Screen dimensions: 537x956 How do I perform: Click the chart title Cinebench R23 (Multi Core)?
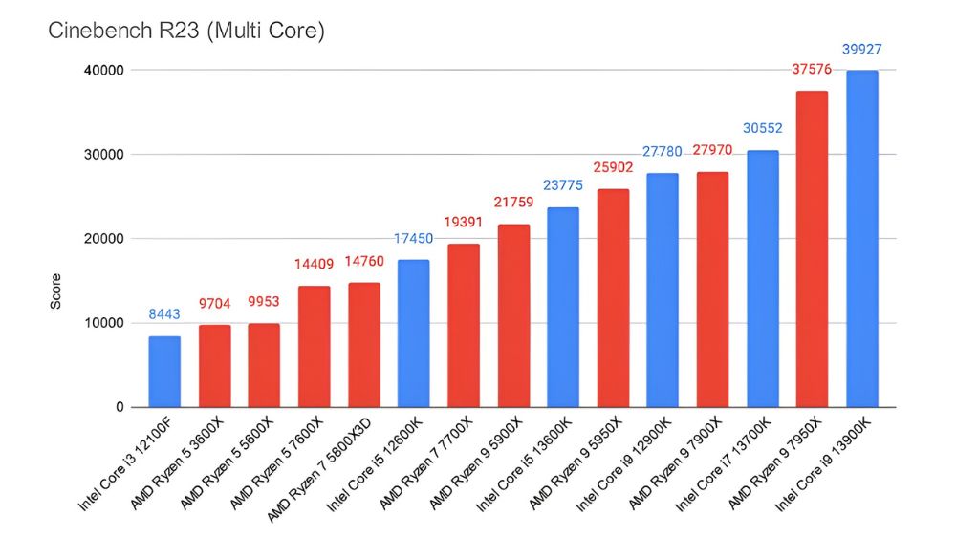pos(186,32)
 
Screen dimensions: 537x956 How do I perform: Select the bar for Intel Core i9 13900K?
pos(861,239)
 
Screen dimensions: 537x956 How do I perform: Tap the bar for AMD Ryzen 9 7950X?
pos(812,248)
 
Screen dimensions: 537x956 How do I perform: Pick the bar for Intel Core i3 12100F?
pos(164,372)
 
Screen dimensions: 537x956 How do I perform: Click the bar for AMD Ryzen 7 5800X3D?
pos(363,345)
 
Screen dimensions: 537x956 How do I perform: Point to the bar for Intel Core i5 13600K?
pos(563,307)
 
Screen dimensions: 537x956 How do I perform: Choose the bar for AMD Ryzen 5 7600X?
pos(314,346)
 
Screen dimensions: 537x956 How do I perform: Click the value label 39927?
pos(861,50)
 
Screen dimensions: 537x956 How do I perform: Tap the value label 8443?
pos(164,314)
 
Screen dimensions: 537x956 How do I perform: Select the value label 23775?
pos(563,186)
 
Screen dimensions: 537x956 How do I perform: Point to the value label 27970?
pos(712,151)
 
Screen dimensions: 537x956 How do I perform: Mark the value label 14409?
pos(314,265)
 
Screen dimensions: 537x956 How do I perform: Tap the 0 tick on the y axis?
pos(119,407)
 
